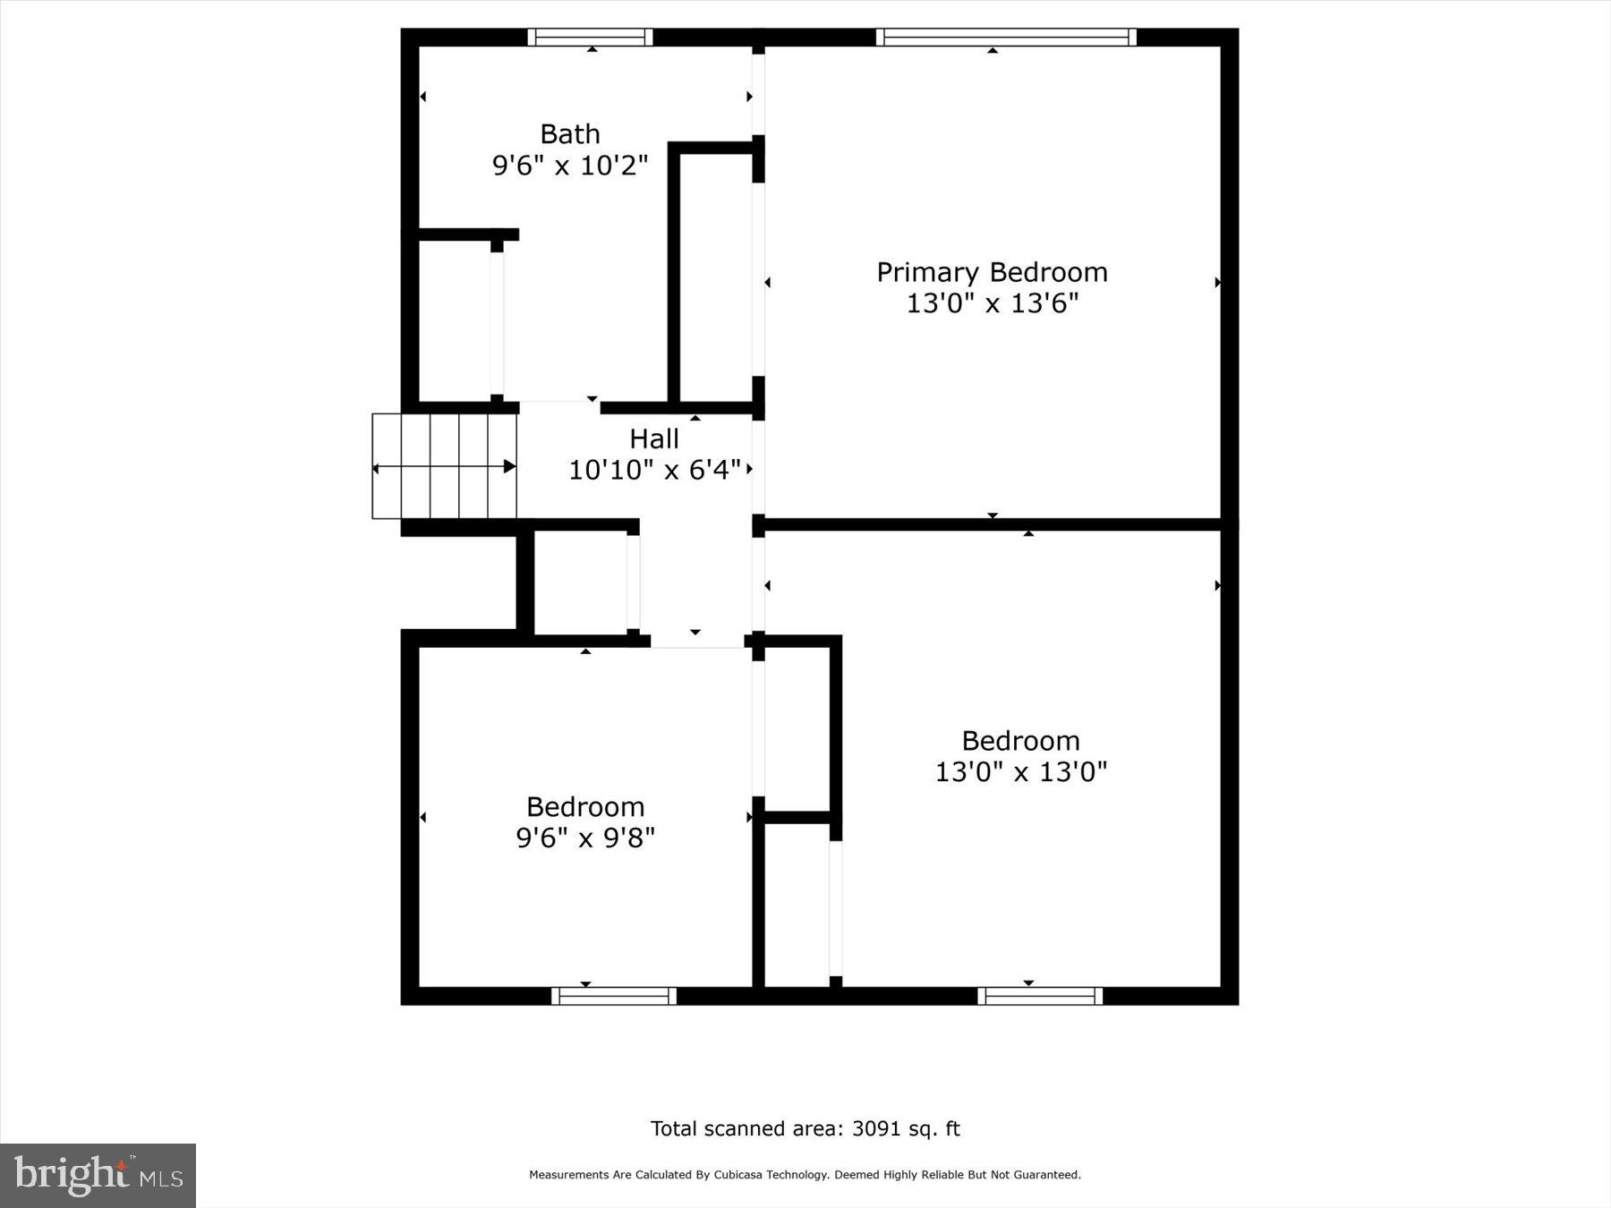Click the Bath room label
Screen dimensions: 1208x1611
(x=569, y=134)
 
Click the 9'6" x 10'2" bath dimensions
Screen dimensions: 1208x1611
(x=569, y=166)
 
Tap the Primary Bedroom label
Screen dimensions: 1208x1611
(x=992, y=272)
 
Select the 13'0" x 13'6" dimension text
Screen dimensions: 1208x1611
(x=992, y=303)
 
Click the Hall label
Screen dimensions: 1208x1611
(x=653, y=438)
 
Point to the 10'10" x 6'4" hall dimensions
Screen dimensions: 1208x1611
(x=654, y=470)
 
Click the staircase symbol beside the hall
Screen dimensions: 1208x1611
(x=444, y=466)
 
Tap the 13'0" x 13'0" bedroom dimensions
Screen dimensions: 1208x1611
(x=1020, y=771)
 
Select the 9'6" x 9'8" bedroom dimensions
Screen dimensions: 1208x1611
(x=585, y=838)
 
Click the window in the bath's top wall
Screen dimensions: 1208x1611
(x=590, y=37)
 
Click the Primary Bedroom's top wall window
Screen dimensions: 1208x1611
(x=1006, y=37)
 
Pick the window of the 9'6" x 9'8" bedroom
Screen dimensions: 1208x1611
(x=614, y=996)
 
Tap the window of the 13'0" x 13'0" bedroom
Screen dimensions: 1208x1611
(x=1040, y=996)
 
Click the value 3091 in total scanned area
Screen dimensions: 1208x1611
(x=876, y=1129)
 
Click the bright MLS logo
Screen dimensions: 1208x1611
(x=98, y=1175)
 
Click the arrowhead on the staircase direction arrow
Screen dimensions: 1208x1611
(x=510, y=466)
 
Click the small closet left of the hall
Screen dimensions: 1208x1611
(x=580, y=583)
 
